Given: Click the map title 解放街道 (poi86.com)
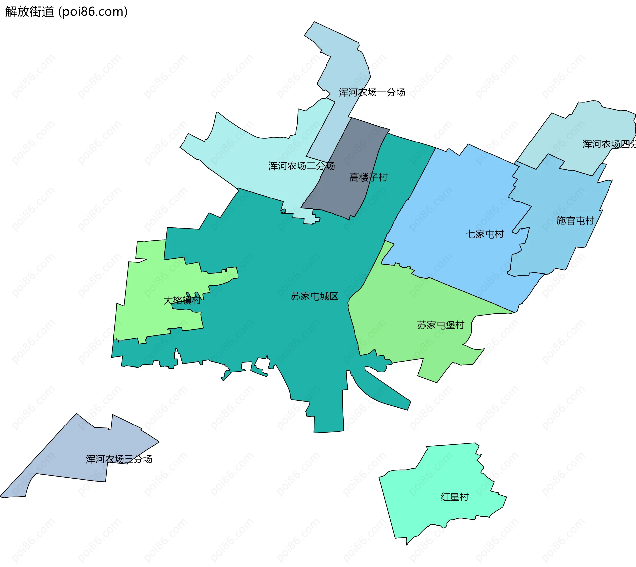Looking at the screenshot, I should [66, 12].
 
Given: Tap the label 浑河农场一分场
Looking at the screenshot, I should [372, 92].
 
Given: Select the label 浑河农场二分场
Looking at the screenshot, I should [301, 166].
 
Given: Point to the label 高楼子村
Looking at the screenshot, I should [368, 177].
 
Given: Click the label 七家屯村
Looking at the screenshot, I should [485, 234].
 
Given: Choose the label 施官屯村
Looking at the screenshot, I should [575, 220].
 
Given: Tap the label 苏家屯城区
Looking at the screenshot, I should [314, 296].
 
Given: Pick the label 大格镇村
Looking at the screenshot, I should [182, 300].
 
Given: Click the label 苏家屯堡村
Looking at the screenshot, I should [441, 325].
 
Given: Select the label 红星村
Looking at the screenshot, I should [454, 497].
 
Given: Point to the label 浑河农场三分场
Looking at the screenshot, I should [119, 459].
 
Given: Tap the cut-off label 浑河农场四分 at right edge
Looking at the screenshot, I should [609, 144].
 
